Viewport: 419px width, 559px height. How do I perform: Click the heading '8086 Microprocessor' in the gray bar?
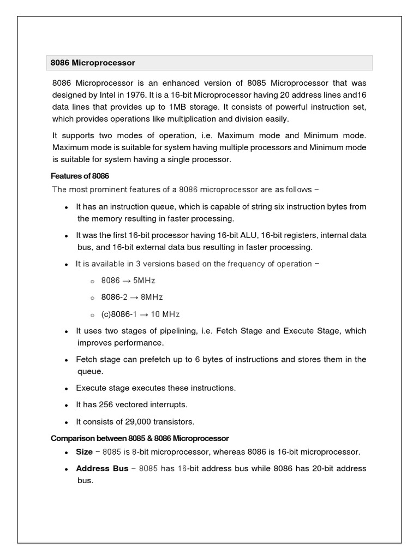pos(93,63)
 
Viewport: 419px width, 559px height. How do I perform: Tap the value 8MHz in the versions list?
pos(152,298)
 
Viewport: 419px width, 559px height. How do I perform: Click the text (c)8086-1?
pos(119,314)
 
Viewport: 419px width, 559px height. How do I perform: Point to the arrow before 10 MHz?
pos(145,314)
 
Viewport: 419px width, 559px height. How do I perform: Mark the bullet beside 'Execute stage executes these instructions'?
pos(65,388)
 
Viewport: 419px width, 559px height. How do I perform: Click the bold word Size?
pos(84,452)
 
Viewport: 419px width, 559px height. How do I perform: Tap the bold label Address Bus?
pos(102,468)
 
